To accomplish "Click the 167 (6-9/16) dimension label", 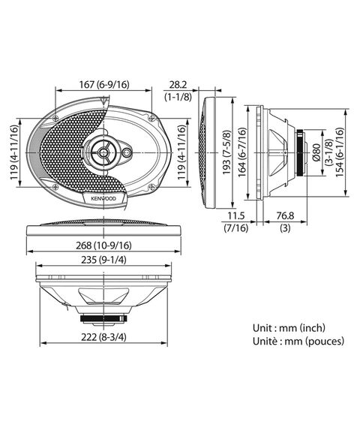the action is point(104,85).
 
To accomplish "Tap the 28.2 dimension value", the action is point(178,85).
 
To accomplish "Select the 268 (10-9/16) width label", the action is point(103,246).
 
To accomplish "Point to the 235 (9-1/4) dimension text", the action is point(103,260).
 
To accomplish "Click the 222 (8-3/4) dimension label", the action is point(103,337).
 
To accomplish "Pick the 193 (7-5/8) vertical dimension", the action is point(226,152).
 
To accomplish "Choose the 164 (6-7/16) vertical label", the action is point(242,152).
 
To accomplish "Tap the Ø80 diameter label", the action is point(316,152).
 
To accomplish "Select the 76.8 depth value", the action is point(285,216).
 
